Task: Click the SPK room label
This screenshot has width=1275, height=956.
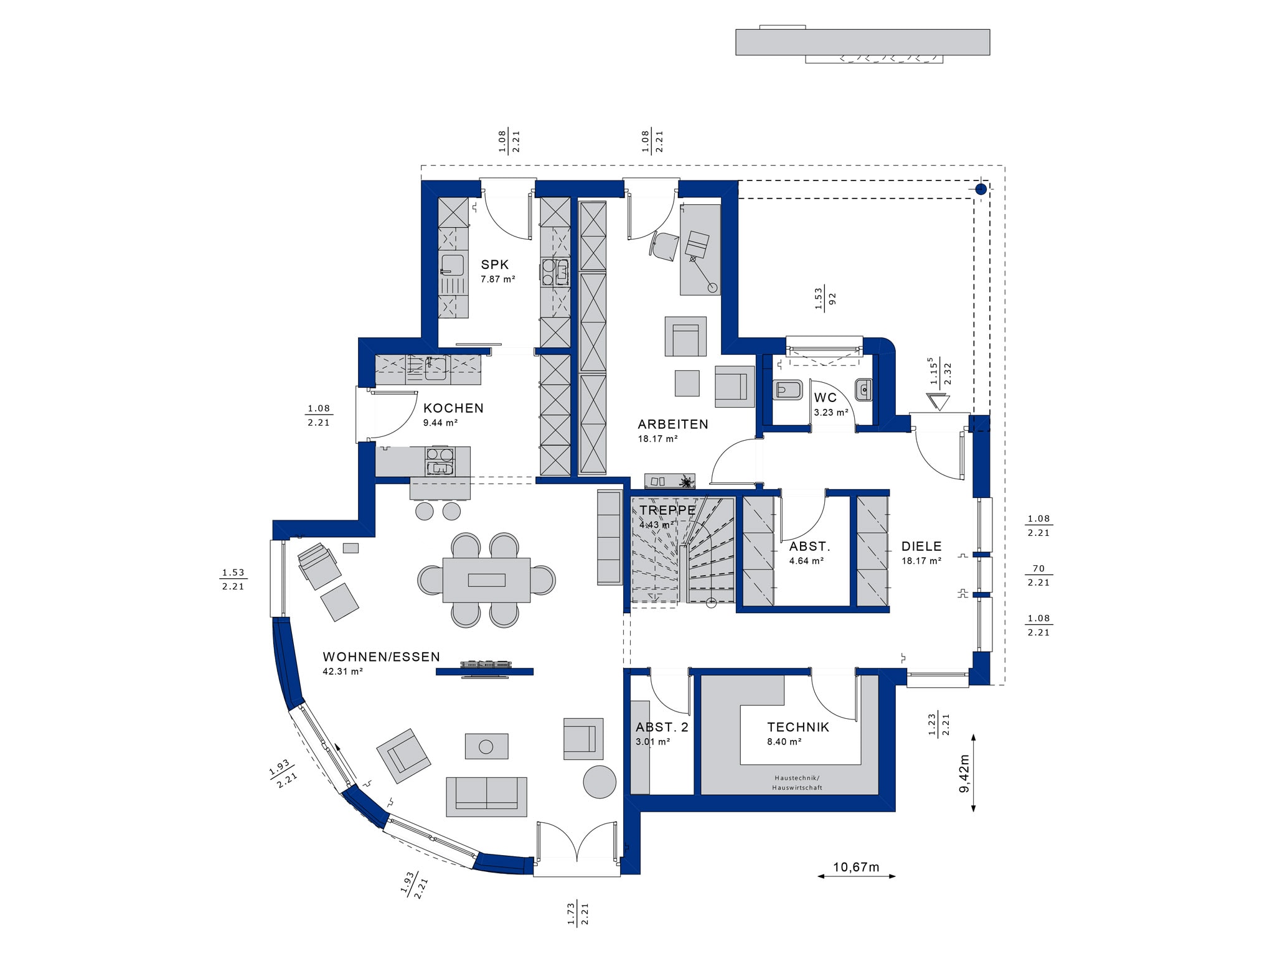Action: [x=495, y=265]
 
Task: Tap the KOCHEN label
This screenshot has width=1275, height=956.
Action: [x=453, y=408]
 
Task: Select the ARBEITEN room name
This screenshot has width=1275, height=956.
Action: [x=673, y=424]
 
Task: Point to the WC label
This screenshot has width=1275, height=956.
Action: [x=826, y=398]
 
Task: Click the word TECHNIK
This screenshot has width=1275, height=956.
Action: [x=798, y=727]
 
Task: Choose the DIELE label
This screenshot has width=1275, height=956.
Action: [x=921, y=546]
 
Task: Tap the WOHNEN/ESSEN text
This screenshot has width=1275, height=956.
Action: [x=382, y=657]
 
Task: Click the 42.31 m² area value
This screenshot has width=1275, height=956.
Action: [x=343, y=672]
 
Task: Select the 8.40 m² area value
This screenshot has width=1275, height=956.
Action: [x=784, y=742]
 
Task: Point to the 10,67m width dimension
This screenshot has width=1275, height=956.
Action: [x=856, y=867]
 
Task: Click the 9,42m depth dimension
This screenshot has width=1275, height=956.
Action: [x=964, y=772]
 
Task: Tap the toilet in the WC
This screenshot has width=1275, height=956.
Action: [x=787, y=390]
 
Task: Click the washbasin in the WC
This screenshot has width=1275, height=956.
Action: [x=863, y=390]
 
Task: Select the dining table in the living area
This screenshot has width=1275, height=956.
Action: [x=487, y=580]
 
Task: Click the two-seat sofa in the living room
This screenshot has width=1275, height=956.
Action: [x=486, y=797]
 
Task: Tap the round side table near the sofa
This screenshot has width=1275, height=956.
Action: [x=600, y=782]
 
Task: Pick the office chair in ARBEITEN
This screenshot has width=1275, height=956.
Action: [x=666, y=246]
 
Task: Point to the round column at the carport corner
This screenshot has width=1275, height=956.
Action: [x=981, y=189]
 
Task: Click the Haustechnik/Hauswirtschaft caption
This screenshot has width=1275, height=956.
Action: [x=797, y=783]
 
